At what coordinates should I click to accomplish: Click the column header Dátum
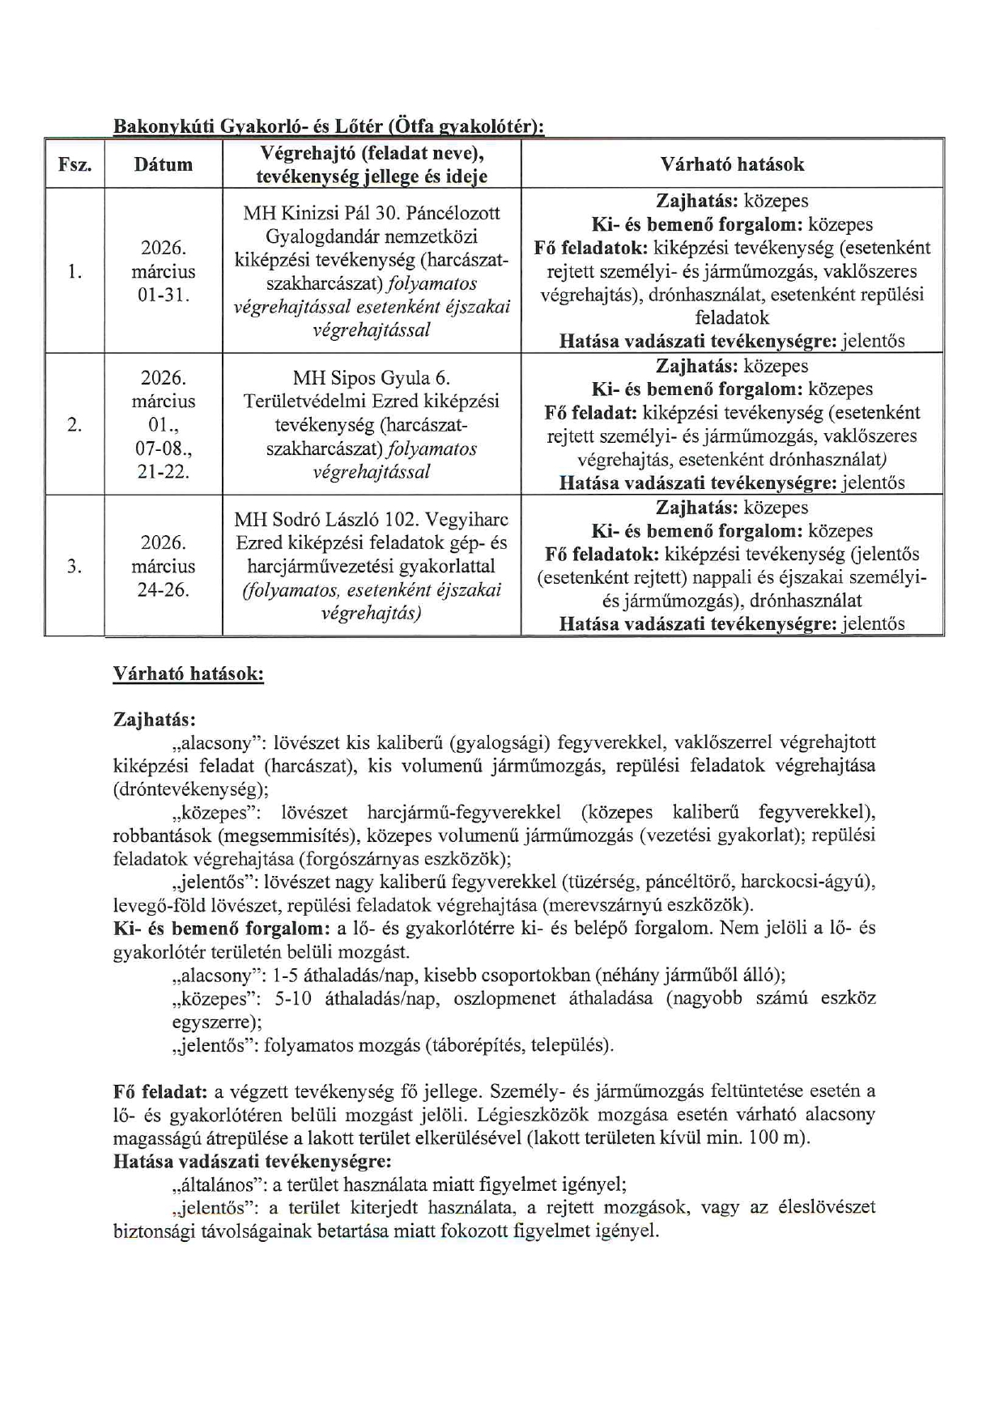click(x=163, y=164)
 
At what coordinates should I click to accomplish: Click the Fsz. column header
click(x=74, y=164)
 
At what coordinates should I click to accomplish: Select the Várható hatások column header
click(x=732, y=164)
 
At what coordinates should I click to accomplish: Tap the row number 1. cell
click(x=74, y=271)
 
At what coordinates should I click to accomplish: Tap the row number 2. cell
click(x=74, y=424)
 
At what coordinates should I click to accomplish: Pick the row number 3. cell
click(x=74, y=566)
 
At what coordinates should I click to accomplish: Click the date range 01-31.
click(x=163, y=295)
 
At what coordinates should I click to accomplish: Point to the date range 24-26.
click(x=163, y=589)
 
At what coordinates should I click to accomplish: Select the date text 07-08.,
click(x=163, y=448)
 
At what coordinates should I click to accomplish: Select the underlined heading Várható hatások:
click(x=188, y=674)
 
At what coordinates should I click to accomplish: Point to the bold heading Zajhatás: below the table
click(x=155, y=719)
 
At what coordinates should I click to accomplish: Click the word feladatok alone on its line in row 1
click(x=732, y=317)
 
